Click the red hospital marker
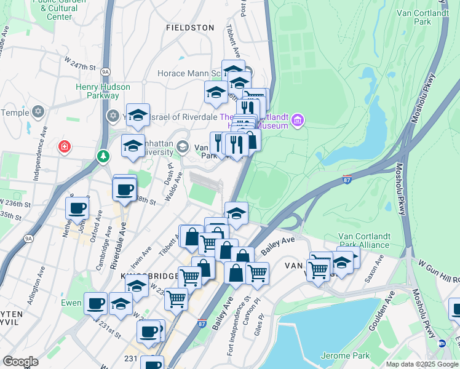[x=64, y=146]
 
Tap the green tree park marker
[x=103, y=157]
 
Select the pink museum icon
[x=298, y=119]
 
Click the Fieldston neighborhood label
[x=191, y=28]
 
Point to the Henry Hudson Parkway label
[x=97, y=91]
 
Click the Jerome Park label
[x=345, y=355]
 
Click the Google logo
[x=20, y=362]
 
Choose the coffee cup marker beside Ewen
[x=95, y=303]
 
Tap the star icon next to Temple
[x=38, y=113]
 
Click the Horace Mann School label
[x=189, y=73]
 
